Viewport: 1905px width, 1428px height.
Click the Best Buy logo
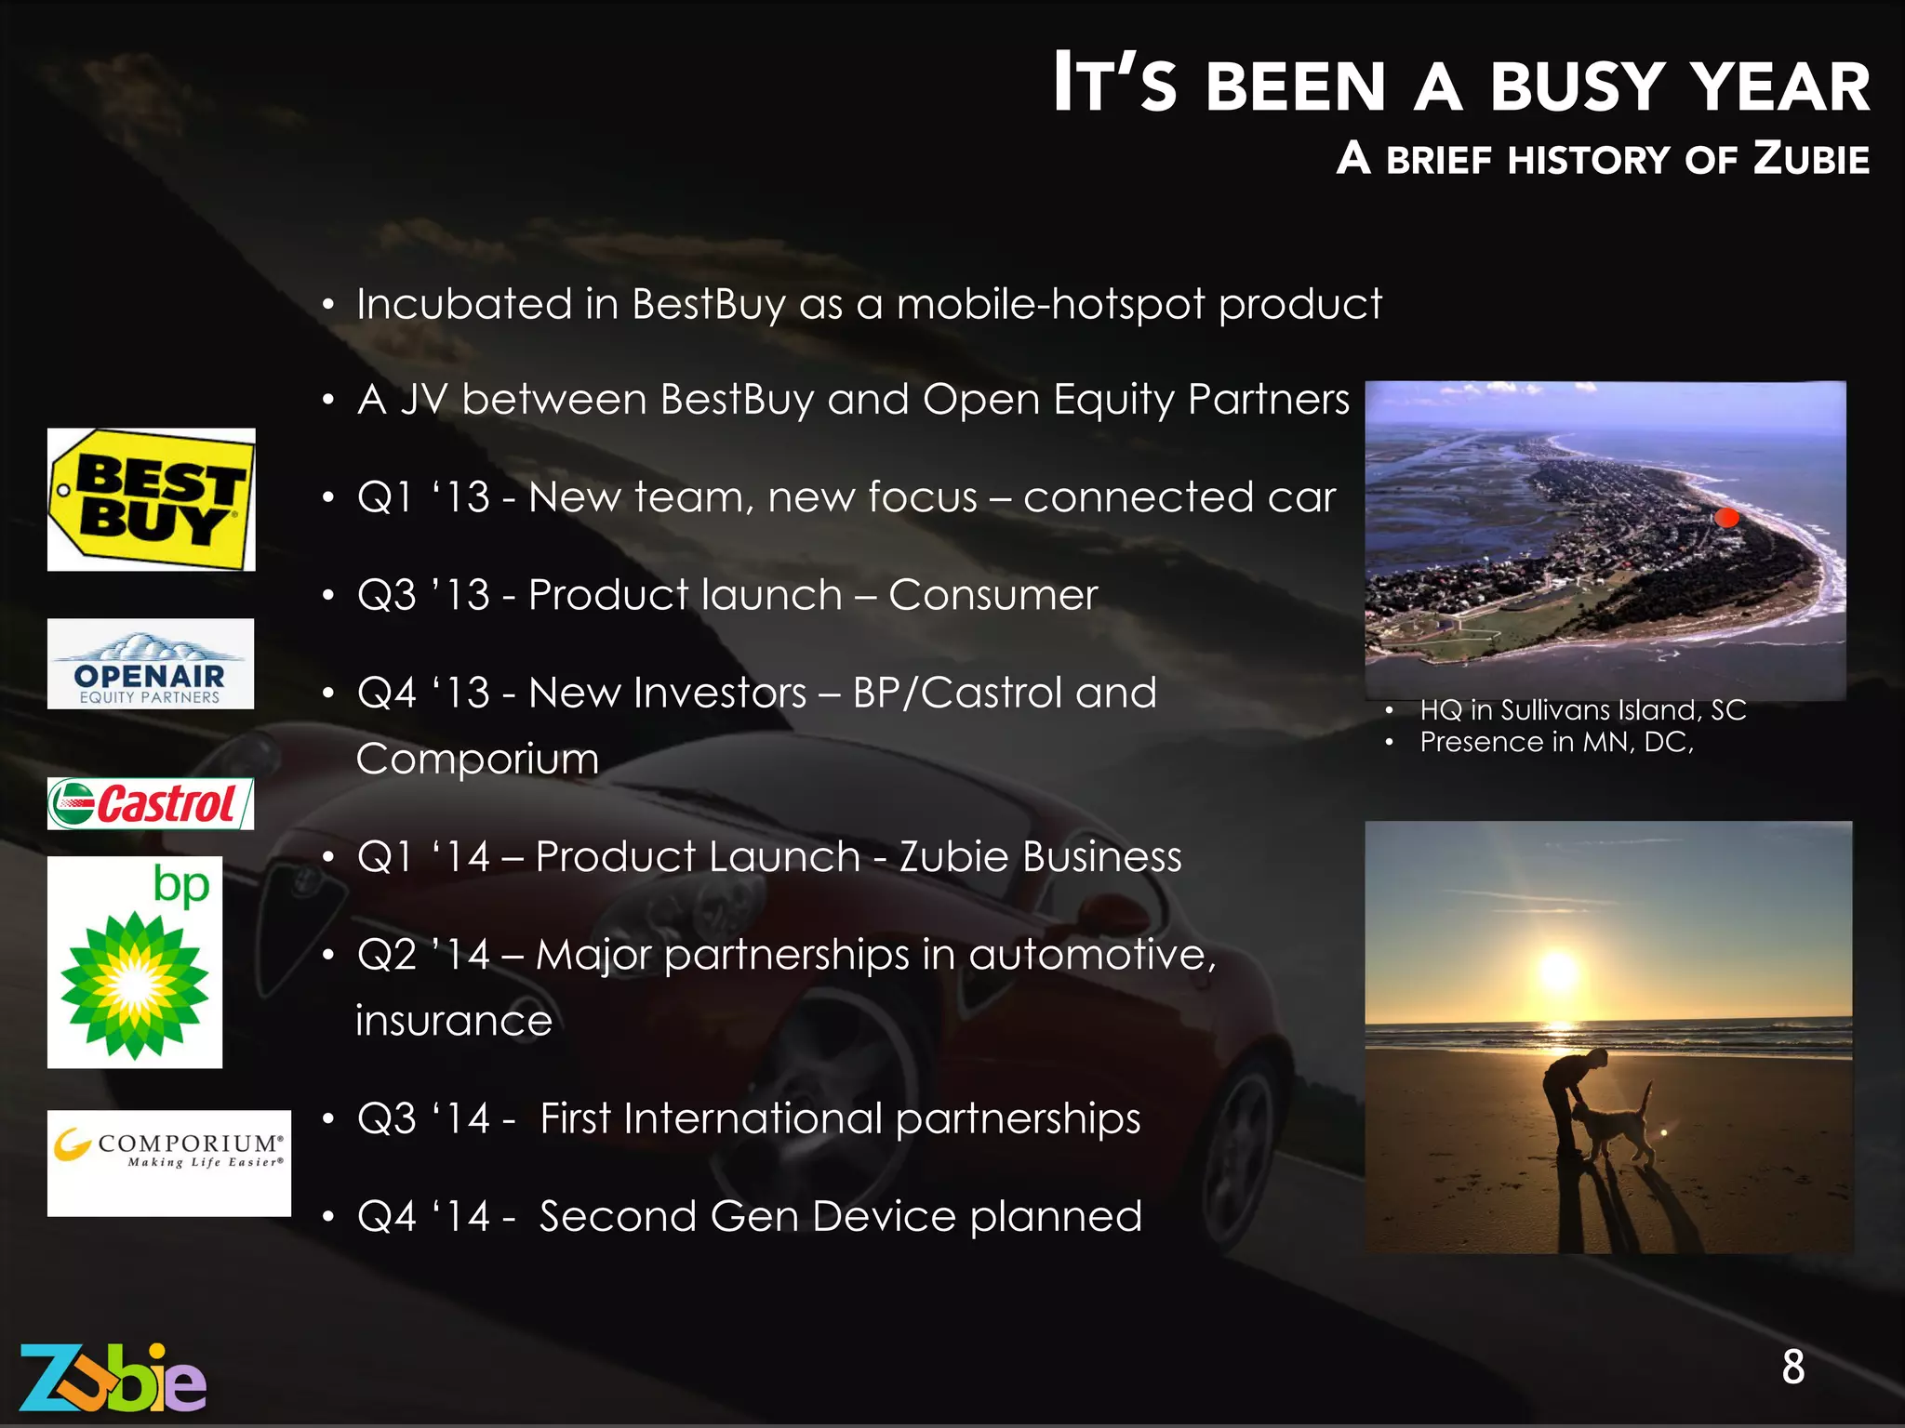152,500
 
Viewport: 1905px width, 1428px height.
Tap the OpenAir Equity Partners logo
151,664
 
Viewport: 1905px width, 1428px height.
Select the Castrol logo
151,804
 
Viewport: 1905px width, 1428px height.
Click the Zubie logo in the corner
113,1379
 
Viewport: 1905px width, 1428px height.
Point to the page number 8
1792,1368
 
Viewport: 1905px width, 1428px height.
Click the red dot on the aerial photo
1726,518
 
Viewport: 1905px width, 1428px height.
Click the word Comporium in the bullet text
477,759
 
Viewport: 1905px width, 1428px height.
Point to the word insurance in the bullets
454,1021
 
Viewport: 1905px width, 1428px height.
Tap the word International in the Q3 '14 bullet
753,1118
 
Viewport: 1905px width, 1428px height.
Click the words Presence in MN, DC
1556,742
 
